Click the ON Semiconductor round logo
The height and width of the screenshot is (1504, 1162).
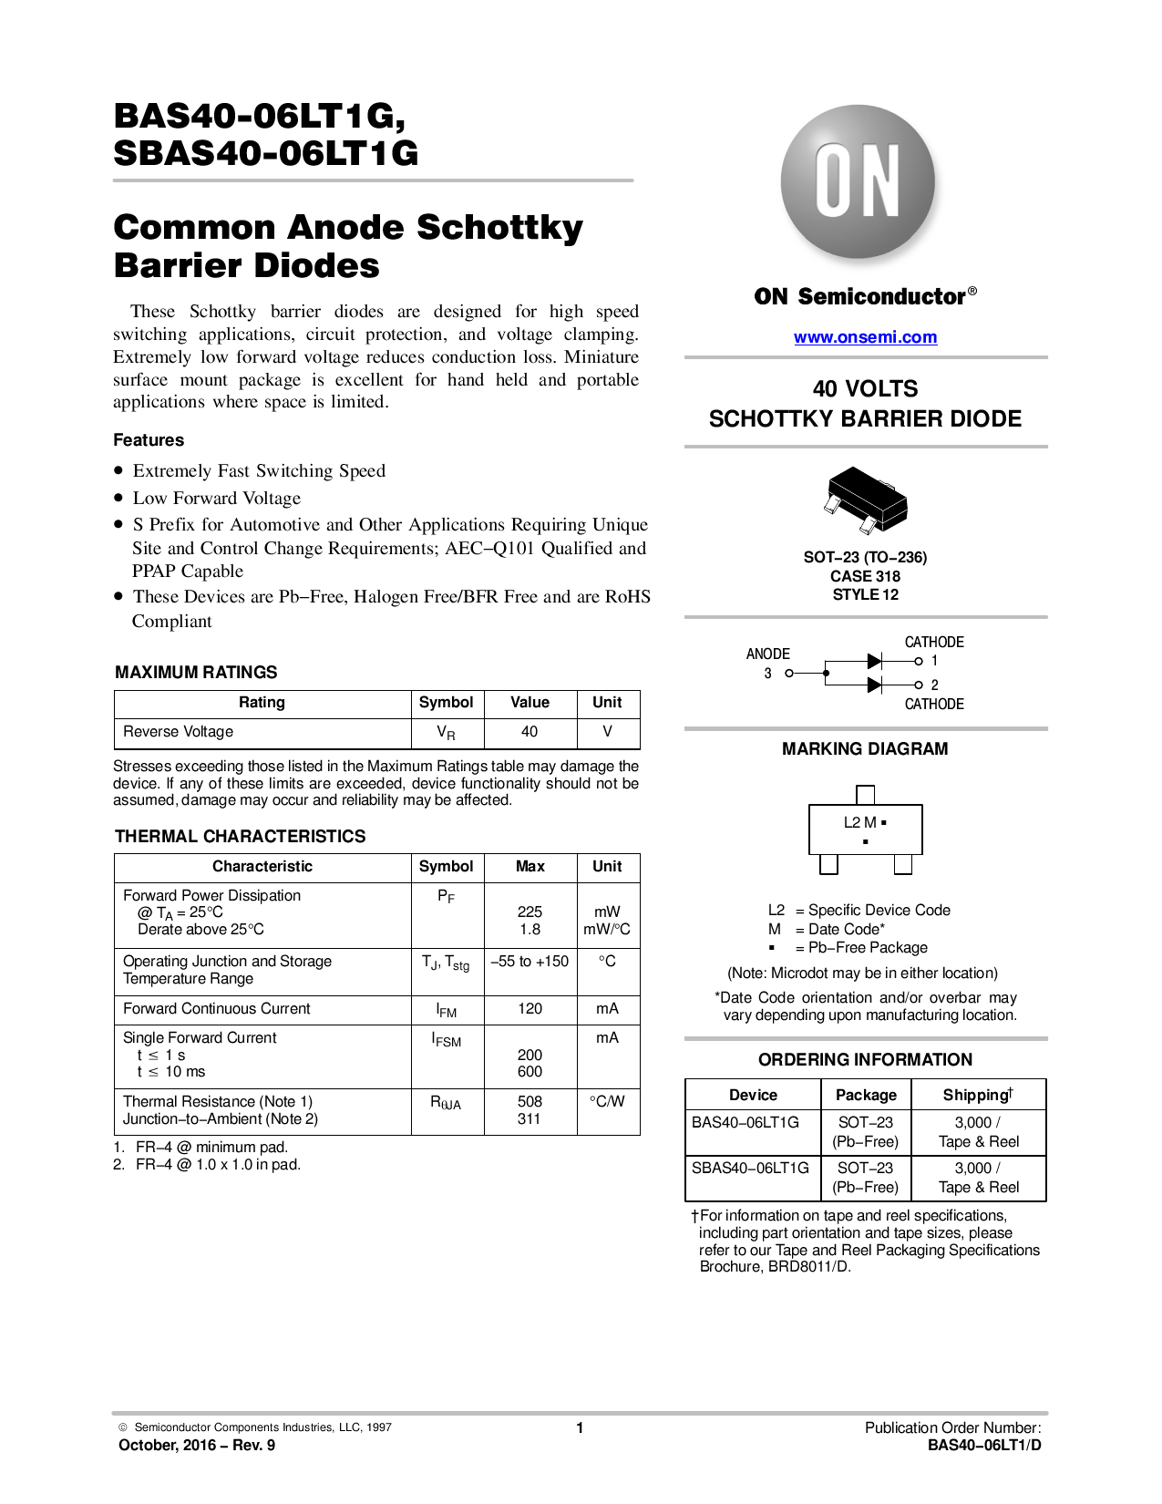point(858,183)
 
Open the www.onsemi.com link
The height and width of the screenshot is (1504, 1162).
point(865,337)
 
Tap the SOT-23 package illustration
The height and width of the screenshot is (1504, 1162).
point(866,500)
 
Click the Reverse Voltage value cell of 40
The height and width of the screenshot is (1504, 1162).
point(530,732)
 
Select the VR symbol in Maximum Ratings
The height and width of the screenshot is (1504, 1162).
point(446,733)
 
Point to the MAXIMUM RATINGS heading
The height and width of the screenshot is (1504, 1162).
point(196,673)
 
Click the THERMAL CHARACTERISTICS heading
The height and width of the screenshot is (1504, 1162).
point(240,837)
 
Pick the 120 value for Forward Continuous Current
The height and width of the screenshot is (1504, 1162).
point(530,1009)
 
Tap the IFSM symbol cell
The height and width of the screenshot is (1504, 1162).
point(447,1040)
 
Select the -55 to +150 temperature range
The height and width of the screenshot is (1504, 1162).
point(530,962)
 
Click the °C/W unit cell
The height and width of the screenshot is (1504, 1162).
point(607,1102)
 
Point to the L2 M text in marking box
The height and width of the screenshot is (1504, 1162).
point(860,822)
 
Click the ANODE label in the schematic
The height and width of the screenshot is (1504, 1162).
point(767,654)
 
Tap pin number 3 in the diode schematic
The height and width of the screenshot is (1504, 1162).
point(767,674)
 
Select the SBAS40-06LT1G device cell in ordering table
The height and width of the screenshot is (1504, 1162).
point(750,1169)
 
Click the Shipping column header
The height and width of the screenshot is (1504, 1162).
point(978,1095)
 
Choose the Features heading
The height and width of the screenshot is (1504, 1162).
point(149,440)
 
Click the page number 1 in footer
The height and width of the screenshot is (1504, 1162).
point(580,1428)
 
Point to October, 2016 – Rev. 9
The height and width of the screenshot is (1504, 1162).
point(197,1446)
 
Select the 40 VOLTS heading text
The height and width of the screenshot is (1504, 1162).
point(865,389)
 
